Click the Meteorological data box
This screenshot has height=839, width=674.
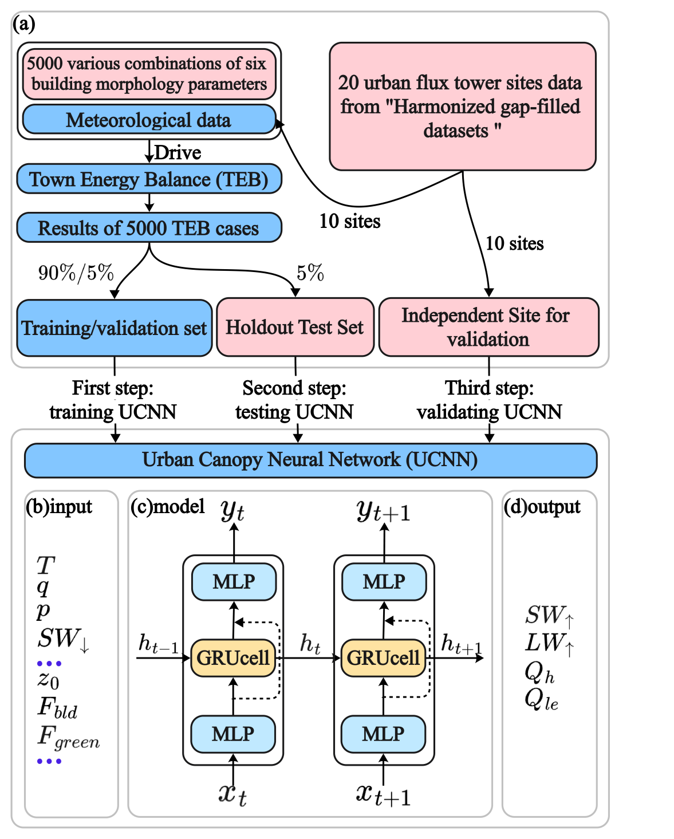(x=149, y=120)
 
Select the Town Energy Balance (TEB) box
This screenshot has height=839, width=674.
(x=149, y=179)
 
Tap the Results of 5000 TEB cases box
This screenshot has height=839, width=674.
(x=149, y=228)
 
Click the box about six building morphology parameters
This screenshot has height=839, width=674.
(x=149, y=74)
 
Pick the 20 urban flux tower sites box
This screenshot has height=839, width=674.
(x=462, y=107)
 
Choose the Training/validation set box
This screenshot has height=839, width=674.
(x=115, y=328)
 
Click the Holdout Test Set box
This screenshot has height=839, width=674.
(x=295, y=327)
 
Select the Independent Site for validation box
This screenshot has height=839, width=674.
(x=488, y=327)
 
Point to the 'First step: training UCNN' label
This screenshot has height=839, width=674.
(x=113, y=400)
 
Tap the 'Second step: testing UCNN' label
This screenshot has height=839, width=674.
(x=294, y=400)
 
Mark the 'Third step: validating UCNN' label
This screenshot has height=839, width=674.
(x=489, y=400)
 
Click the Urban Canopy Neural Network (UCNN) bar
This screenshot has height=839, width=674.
(x=310, y=460)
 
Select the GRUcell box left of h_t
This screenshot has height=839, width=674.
(x=233, y=658)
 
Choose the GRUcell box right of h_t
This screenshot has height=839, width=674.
(x=383, y=658)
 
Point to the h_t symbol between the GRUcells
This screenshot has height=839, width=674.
(x=310, y=644)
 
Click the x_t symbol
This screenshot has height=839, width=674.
(x=232, y=794)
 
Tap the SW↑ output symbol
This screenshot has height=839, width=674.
(x=549, y=616)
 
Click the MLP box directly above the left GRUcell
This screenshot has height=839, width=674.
(x=234, y=582)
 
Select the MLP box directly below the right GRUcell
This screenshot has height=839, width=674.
(x=383, y=734)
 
